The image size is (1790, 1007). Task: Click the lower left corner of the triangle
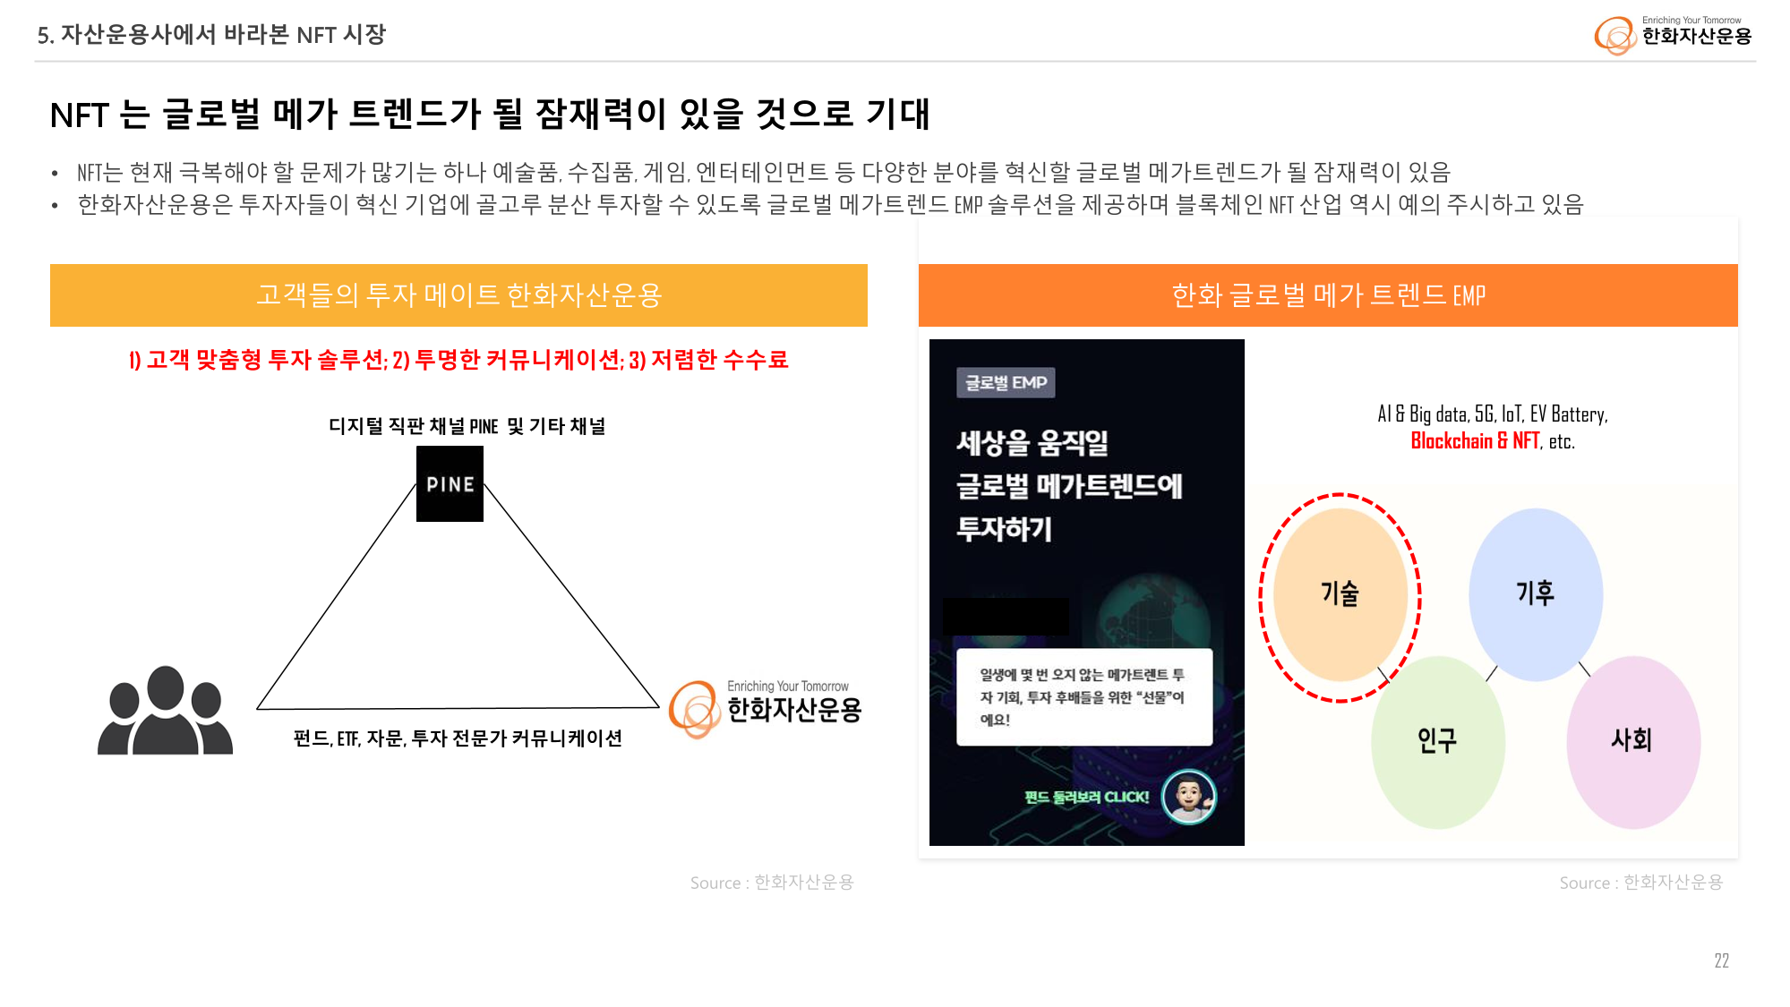point(257,709)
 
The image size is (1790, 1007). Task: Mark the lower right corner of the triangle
point(660,707)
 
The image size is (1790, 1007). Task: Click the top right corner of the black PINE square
point(484,447)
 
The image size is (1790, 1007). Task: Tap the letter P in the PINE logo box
point(432,484)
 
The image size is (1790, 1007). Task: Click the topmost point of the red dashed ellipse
point(1340,494)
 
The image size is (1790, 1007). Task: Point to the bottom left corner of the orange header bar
point(919,327)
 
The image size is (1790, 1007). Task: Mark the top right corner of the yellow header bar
point(868,264)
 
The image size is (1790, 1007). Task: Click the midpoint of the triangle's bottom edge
point(458,708)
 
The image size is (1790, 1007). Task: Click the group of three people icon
point(165,711)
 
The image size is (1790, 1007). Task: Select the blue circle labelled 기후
point(1536,594)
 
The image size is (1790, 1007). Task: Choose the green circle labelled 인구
point(1437,742)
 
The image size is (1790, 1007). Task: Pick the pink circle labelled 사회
point(1632,742)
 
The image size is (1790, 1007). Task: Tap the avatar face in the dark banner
point(1188,796)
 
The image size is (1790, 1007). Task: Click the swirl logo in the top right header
point(1614,36)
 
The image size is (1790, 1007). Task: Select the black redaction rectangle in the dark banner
point(1006,617)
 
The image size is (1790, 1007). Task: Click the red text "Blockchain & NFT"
point(1475,441)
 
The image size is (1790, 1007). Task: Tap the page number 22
point(1721,960)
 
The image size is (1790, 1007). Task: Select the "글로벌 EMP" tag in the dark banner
point(1006,383)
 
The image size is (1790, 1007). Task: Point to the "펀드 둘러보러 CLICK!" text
point(1086,798)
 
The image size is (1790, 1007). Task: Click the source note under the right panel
point(1640,883)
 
